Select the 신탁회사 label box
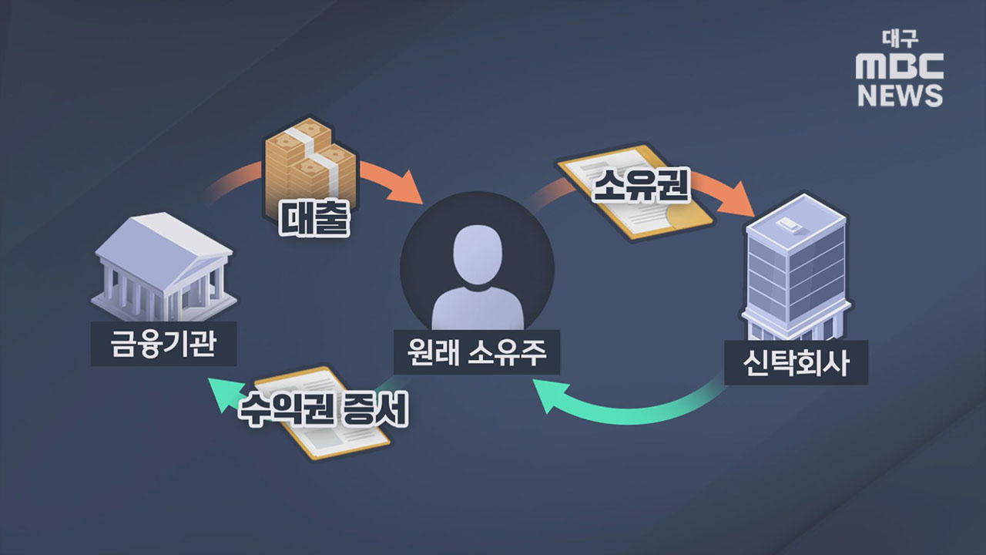(796, 362)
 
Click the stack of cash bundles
(310, 162)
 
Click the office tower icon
(796, 266)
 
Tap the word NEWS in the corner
(900, 96)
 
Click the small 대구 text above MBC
(900, 39)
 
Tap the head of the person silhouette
(477, 251)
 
